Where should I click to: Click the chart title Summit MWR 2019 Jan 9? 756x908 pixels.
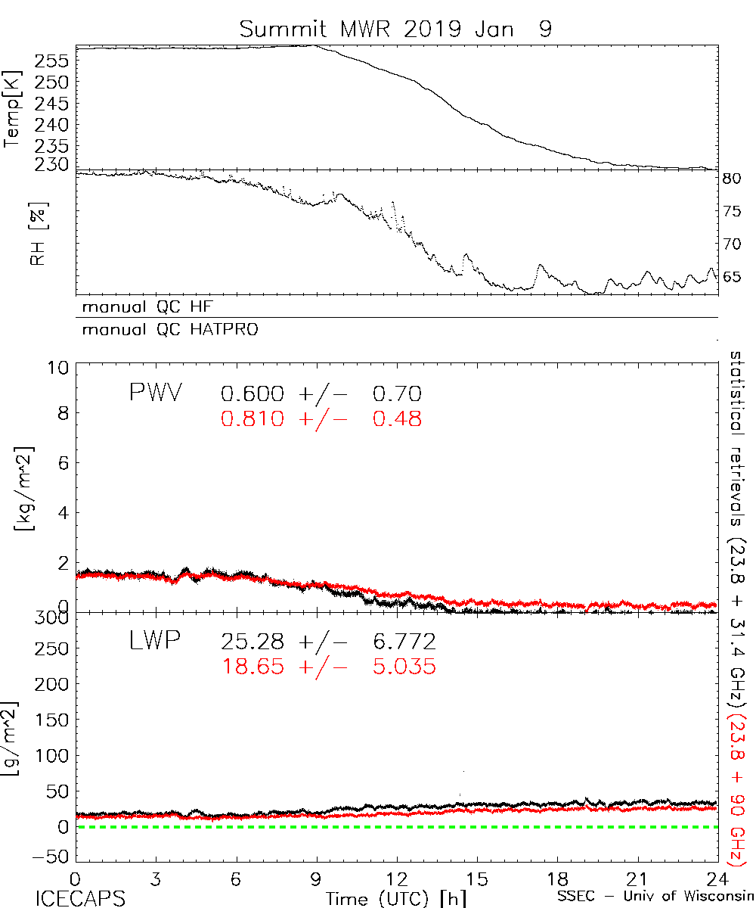pos(395,30)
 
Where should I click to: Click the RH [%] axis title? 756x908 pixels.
pos(35,233)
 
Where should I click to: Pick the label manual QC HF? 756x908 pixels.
pos(153,307)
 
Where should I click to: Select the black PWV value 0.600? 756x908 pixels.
pos(253,393)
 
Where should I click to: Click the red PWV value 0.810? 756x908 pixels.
pos(253,418)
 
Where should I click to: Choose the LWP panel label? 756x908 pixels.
pos(154,642)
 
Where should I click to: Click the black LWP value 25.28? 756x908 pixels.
pos(253,642)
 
